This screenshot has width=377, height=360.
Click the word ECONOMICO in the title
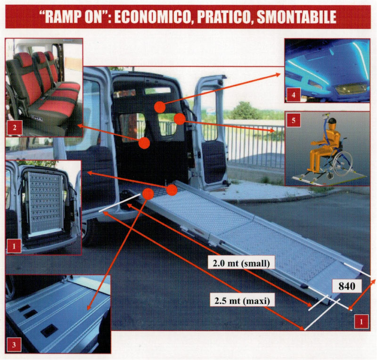coord(154,17)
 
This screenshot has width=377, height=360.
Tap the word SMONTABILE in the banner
coord(296,17)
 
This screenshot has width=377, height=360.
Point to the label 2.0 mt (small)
coord(241,263)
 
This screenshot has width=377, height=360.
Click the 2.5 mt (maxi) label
coord(242,300)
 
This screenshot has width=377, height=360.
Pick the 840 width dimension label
coord(347,286)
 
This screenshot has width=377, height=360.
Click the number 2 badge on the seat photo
coord(15,127)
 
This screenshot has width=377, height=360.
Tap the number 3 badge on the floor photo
coord(14,344)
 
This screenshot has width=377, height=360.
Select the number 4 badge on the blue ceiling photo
coord(293,95)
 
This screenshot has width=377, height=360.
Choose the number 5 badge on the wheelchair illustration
coord(293,120)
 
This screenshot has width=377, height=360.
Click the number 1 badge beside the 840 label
coord(361,321)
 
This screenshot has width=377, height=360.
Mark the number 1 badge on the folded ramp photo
coord(14,246)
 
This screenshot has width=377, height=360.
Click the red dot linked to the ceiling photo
coord(160,107)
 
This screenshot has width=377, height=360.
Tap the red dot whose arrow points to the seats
coord(144,143)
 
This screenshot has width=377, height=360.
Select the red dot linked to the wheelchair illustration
coord(180,119)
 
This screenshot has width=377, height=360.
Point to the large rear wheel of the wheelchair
coord(343,164)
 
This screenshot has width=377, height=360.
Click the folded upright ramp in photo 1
coord(44,204)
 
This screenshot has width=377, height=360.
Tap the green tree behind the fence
coord(244,111)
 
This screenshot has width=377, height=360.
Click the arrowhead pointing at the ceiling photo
coord(279,75)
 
